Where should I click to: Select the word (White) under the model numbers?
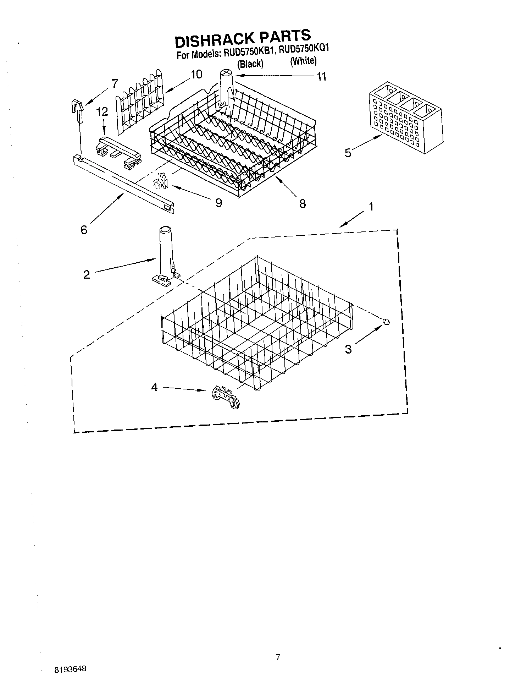[303, 61]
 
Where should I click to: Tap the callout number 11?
[321, 77]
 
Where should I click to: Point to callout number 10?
[196, 74]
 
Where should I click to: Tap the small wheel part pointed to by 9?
[159, 182]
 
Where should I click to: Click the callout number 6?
[84, 230]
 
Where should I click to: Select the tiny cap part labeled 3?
[386, 321]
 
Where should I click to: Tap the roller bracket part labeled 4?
[225, 398]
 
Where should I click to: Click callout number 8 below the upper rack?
[303, 204]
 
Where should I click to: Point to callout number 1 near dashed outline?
[371, 207]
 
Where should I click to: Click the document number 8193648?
[70, 669]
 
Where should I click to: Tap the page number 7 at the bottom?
[278, 657]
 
